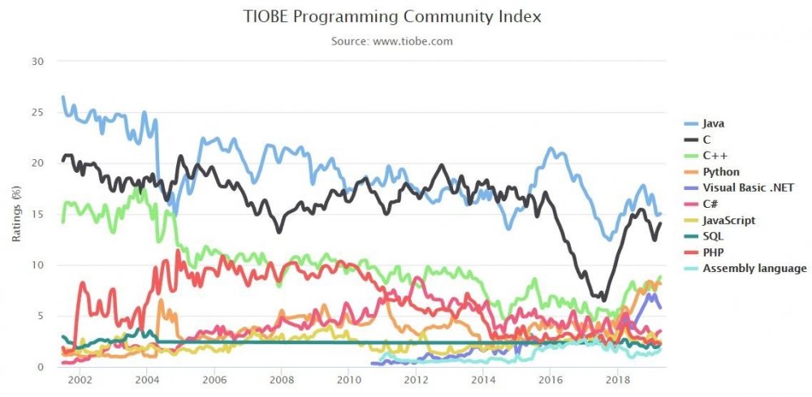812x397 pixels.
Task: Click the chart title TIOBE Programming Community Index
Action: point(392,16)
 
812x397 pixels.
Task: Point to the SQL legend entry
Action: point(702,236)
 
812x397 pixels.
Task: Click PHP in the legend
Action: point(702,252)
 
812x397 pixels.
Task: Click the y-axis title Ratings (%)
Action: point(17,214)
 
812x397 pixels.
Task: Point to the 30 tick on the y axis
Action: point(39,62)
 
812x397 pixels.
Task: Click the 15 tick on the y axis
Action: point(39,214)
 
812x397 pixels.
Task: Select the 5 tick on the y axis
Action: point(42,317)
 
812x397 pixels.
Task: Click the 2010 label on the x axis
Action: point(348,379)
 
